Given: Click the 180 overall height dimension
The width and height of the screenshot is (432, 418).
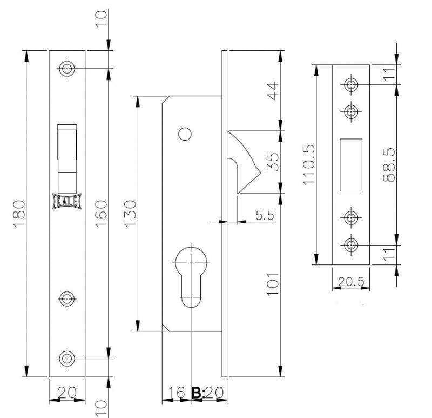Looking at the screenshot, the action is point(19,214).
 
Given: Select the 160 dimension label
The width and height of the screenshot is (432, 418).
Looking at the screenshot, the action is point(101,214).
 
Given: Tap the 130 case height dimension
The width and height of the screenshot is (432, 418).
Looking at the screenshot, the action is point(130,214).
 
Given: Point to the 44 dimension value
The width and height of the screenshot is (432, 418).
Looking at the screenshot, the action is point(273,91).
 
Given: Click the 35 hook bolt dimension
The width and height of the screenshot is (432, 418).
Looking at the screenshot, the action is point(273,162).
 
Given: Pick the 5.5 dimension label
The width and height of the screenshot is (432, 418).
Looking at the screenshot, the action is point(265,215).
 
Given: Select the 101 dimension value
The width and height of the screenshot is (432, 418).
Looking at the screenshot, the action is point(273,284).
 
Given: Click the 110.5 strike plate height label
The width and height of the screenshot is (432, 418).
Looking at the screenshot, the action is point(308,165).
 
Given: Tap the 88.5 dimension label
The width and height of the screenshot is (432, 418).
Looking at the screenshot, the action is point(389,165).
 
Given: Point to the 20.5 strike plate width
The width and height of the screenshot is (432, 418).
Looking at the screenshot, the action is point(351,282).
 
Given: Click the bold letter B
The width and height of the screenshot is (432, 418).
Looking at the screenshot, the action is point(197,393).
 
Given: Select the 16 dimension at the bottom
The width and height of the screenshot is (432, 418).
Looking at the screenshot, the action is point(177,393).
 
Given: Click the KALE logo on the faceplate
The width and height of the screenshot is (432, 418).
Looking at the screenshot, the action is point(67,202).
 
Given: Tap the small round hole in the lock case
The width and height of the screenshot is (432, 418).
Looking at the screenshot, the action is point(185,134).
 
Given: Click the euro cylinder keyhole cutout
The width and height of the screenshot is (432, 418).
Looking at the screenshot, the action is point(191,277).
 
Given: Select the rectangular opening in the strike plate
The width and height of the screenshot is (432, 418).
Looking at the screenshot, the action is point(350,165).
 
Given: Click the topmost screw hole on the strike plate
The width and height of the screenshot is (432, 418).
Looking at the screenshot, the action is point(351,84).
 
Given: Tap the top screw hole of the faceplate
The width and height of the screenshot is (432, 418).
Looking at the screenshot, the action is point(67,68).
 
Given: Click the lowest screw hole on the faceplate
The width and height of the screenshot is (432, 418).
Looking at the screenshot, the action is point(67,359).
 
